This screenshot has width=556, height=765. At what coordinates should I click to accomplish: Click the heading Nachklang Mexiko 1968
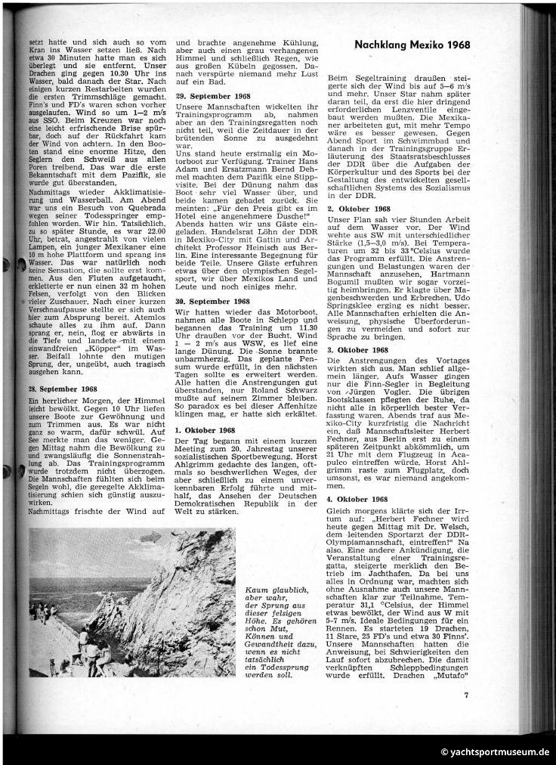pyautogui.click(x=412, y=45)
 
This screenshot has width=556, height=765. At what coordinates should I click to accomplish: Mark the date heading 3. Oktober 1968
pyautogui.click(x=359, y=350)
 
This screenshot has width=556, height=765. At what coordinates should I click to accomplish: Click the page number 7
pyautogui.click(x=467, y=693)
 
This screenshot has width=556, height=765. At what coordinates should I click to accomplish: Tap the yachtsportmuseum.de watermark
pyautogui.click(x=496, y=751)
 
